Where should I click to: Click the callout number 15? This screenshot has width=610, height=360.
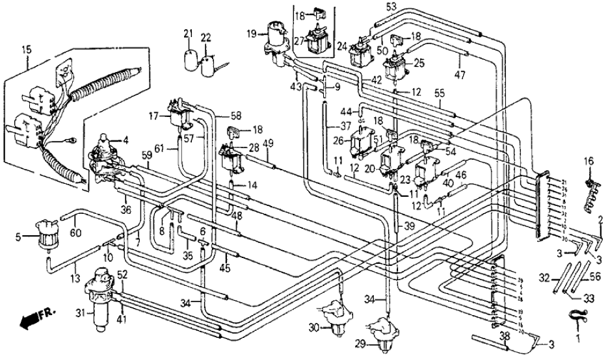point(27,49)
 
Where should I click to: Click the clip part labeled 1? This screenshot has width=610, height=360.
point(574,318)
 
